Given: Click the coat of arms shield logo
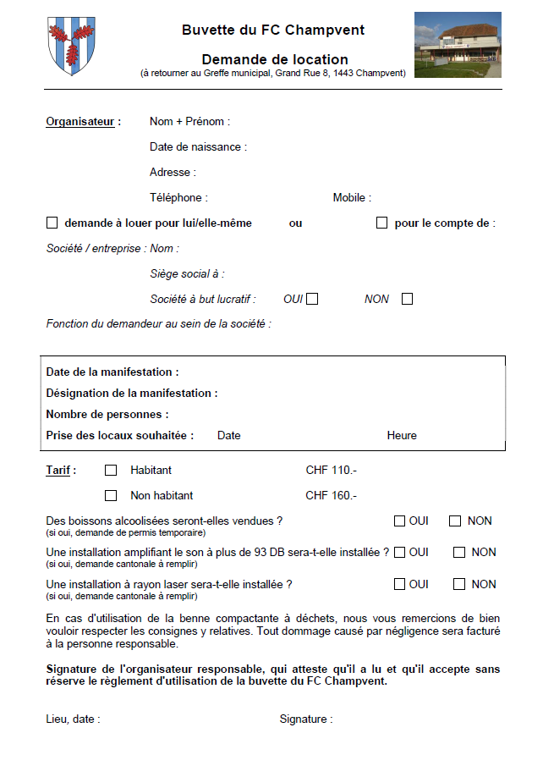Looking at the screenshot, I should (71, 45).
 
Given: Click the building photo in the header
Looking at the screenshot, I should (458, 45).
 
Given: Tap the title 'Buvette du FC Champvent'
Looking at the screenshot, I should (273, 30).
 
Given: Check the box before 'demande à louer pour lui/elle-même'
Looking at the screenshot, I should (52, 223).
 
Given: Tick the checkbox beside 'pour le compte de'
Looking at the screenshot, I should (381, 223).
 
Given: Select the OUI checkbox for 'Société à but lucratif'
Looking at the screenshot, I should (312, 299).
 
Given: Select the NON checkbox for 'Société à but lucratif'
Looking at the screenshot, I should (407, 299).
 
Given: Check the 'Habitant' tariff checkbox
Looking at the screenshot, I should (111, 471).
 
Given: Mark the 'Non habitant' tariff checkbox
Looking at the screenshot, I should (111, 496).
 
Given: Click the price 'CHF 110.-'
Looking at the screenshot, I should (331, 471).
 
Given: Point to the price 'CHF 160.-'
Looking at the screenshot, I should (331, 496).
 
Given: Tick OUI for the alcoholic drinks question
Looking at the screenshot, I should (399, 521).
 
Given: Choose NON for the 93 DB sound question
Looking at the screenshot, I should (459, 553).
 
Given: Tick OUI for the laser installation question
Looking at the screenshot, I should (399, 584).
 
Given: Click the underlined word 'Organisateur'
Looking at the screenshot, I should (80, 122).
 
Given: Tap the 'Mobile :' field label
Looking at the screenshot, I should (352, 198).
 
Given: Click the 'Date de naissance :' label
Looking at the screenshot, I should (198, 147).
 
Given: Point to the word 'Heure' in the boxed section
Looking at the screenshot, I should (402, 436).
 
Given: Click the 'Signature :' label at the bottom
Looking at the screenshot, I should (306, 719).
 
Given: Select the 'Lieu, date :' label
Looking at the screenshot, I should (73, 719).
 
